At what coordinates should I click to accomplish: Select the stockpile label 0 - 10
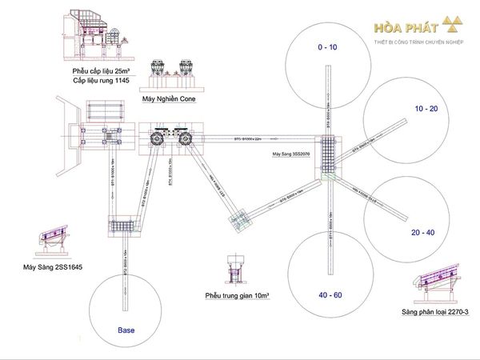[328, 48]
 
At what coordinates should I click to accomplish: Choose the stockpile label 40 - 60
[329, 296]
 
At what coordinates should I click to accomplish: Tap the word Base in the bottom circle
[126, 329]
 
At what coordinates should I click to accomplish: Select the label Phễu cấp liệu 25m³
[101, 72]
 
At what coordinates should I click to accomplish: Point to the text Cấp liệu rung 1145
[101, 81]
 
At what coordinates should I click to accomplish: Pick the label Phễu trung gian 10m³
[236, 295]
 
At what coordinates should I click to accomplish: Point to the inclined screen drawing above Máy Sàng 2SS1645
[48, 242]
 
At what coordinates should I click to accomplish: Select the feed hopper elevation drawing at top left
[97, 36]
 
